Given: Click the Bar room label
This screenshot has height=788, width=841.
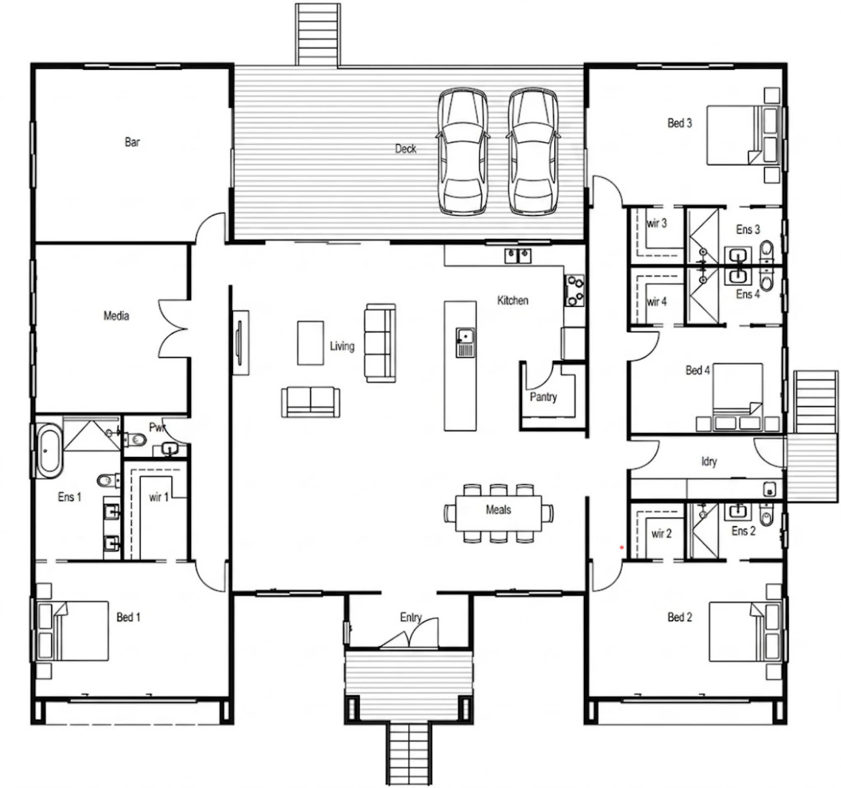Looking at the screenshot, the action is point(132,142).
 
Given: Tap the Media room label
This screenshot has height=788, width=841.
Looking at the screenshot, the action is point(117,315).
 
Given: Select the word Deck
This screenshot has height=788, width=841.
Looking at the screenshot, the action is point(405,148).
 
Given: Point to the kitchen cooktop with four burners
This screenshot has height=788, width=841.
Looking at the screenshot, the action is point(575,291).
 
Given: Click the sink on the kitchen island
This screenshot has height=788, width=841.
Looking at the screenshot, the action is point(465,342).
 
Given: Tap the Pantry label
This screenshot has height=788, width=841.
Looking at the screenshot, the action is point(543,397).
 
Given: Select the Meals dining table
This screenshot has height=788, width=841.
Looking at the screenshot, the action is point(499,513).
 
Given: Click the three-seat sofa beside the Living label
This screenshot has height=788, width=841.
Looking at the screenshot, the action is point(380,343).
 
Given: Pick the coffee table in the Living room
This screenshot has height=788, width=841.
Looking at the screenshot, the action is point(311,343).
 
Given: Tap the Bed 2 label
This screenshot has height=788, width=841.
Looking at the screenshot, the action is point(679,617).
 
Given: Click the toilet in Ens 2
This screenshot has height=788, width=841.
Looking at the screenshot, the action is point(766,515).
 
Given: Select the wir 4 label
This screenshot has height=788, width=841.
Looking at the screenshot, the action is point(657,302).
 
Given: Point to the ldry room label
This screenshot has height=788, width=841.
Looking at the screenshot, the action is point(709,461).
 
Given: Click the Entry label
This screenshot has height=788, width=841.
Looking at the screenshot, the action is point(411,617).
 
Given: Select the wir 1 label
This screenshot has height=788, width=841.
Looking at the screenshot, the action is point(159,497).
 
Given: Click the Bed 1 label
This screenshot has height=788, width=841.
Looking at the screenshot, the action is point(129,617).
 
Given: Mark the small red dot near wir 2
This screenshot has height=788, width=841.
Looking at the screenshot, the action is point(622,548).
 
